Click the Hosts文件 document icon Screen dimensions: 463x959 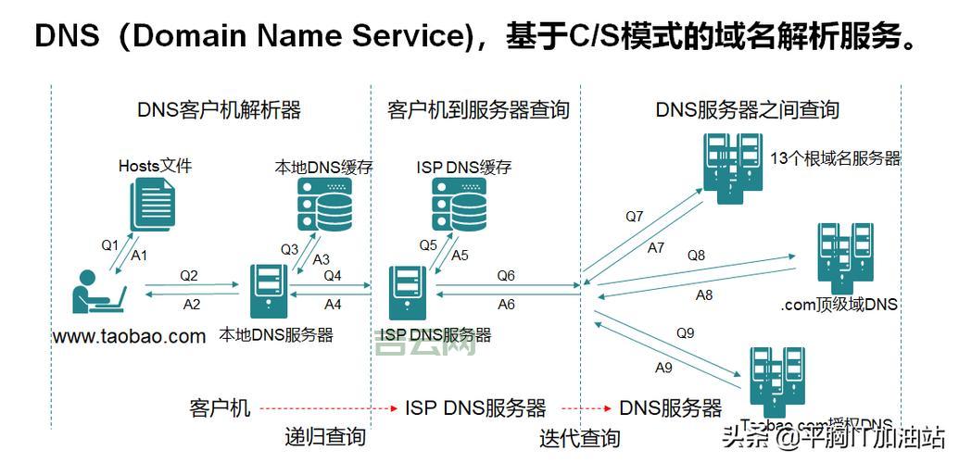click(x=153, y=204)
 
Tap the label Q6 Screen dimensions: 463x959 click(x=506, y=276)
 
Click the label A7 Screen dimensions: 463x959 click(x=656, y=247)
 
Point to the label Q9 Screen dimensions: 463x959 click(x=685, y=332)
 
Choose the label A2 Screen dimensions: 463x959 click(x=192, y=304)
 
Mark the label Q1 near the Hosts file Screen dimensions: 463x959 click(x=110, y=245)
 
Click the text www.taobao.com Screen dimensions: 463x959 click(x=129, y=336)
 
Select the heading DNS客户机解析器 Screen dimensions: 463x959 click(x=219, y=110)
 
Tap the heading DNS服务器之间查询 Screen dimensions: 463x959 click(x=747, y=110)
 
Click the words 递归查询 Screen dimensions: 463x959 click(x=324, y=437)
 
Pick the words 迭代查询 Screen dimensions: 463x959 click(x=579, y=437)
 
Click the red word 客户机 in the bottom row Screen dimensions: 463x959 click(x=220, y=407)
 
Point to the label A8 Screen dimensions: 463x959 click(x=704, y=295)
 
